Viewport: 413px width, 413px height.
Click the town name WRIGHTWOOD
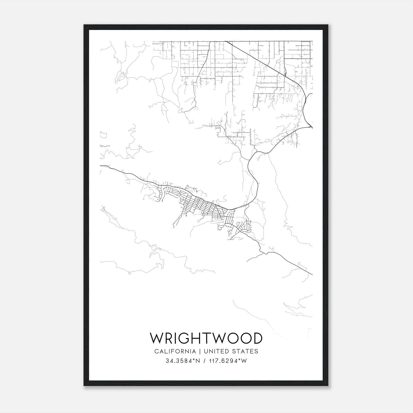(x=206, y=338)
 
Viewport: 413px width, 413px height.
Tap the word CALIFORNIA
(x=175, y=351)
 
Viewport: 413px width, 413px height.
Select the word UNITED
(x=216, y=351)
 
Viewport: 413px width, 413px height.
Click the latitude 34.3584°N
(x=183, y=361)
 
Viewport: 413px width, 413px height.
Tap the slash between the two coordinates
(x=205, y=361)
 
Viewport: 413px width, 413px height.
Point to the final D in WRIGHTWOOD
(x=257, y=338)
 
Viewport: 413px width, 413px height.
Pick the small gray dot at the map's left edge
(x=103, y=210)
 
